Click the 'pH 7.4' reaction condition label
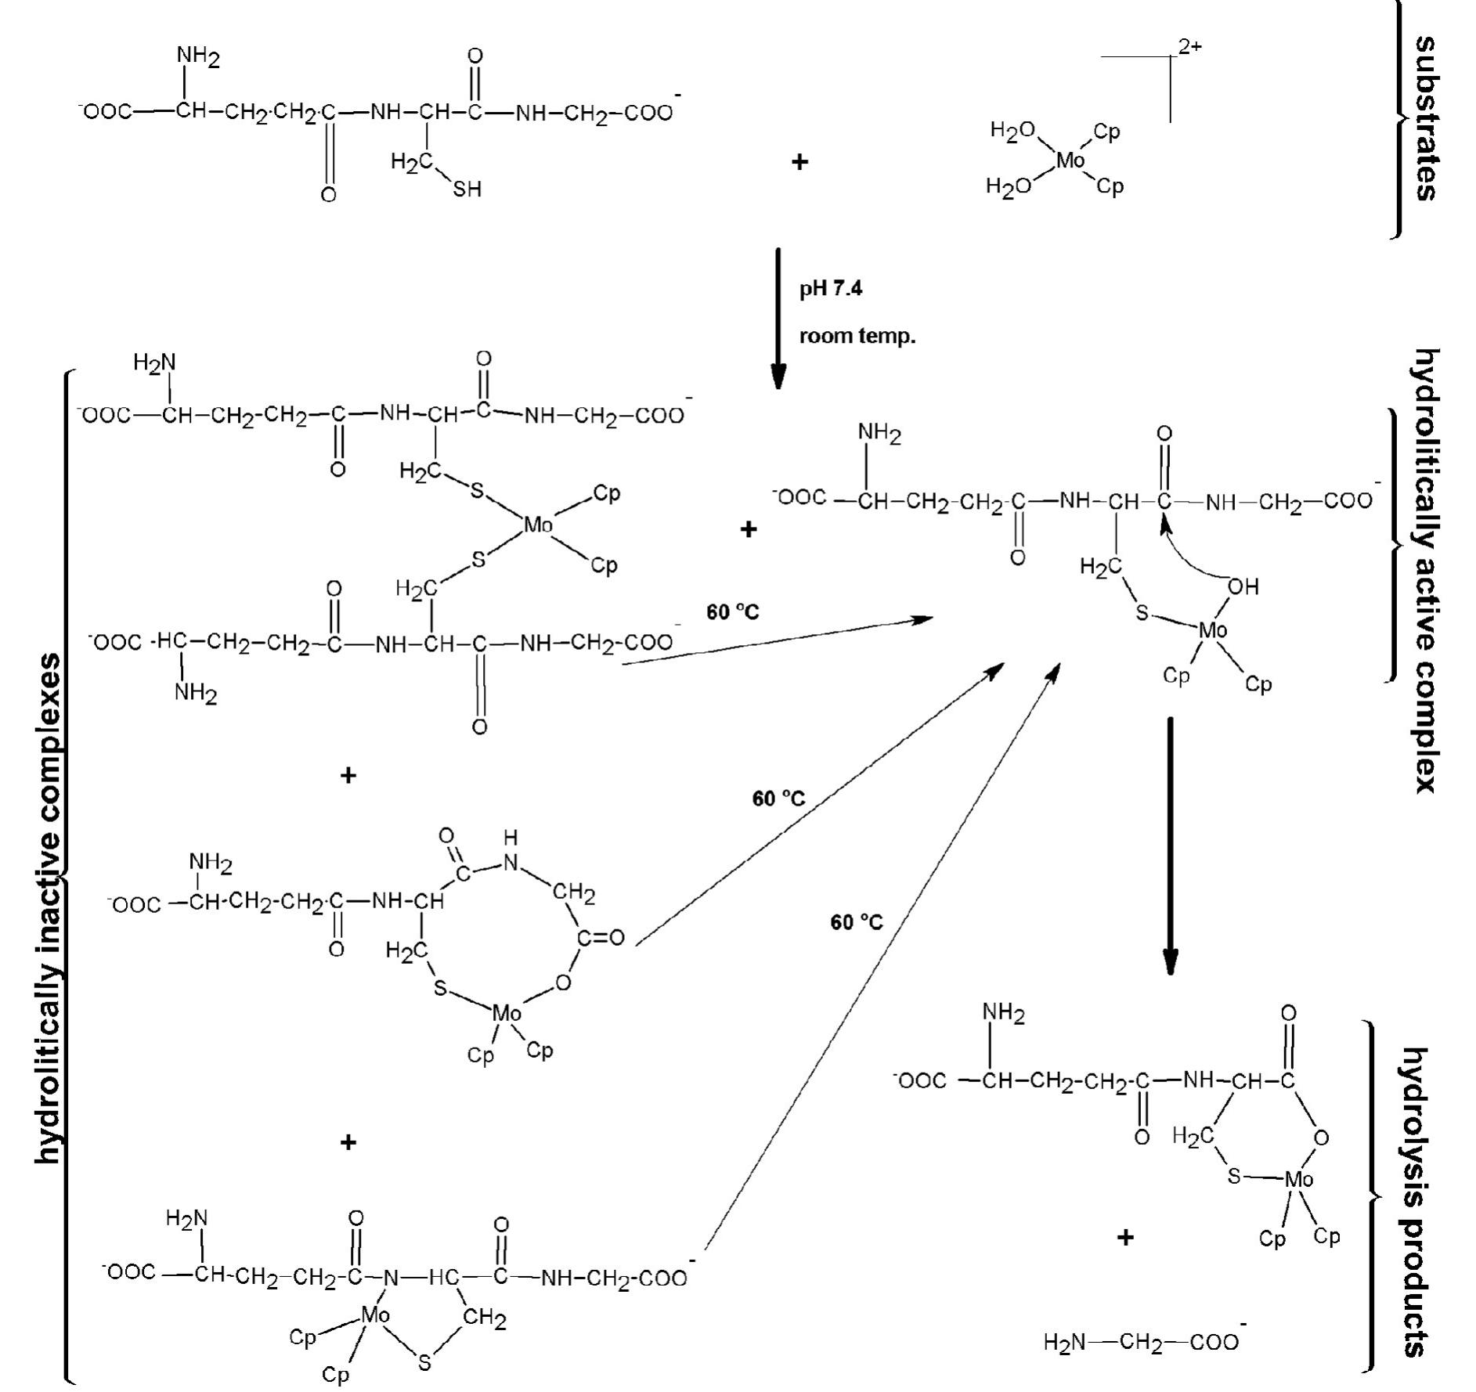pyautogui.click(x=830, y=289)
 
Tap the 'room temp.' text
pyautogui.click(x=857, y=337)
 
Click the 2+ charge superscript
pyautogui.click(x=1190, y=47)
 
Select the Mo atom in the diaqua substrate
pyautogui.click(x=1070, y=160)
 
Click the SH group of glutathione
pyautogui.click(x=467, y=189)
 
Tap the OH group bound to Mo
pyautogui.click(x=1243, y=586)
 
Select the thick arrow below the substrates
pyautogui.click(x=778, y=317)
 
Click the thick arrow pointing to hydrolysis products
pyautogui.click(x=1170, y=846)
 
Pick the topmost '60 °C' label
pyautogui.click(x=732, y=612)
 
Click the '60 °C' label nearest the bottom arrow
pyautogui.click(x=856, y=922)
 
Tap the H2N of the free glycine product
pyautogui.click(x=1064, y=1343)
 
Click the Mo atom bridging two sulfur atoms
pyautogui.click(x=538, y=525)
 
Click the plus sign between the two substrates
pyautogui.click(x=799, y=162)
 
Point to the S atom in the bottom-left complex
pyautogui.click(x=424, y=1364)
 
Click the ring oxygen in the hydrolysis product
pyautogui.click(x=1320, y=1137)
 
